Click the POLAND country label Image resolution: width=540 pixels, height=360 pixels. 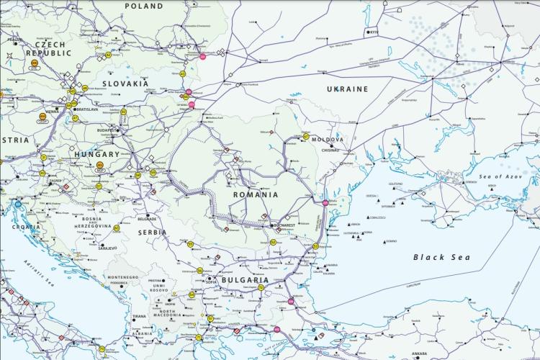coord(144,6)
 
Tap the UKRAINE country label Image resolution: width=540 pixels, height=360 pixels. coord(347,89)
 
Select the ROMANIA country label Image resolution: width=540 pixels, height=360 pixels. coord(255,194)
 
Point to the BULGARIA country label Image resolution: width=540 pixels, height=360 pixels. coord(245,280)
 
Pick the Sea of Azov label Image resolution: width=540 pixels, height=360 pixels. coord(503,176)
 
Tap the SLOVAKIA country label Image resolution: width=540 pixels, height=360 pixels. coord(125,84)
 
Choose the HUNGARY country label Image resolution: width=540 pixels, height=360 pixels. coord(96,154)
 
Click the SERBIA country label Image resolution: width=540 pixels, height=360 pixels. coord(152,233)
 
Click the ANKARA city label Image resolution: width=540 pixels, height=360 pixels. coord(418,354)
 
